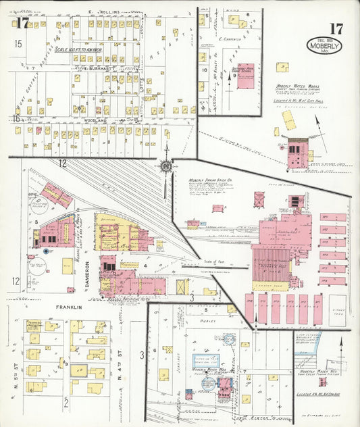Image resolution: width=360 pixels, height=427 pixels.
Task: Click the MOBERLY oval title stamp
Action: coord(324,46)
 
